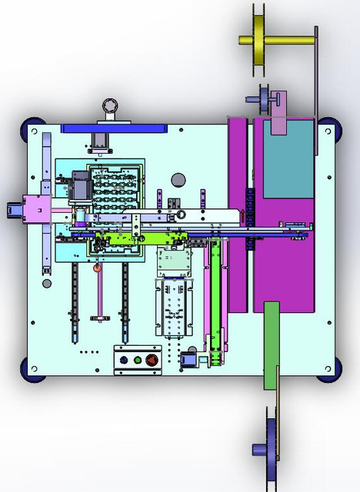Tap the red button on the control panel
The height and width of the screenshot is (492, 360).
(x=152, y=359)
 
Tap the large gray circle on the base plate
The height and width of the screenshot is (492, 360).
(x=178, y=180)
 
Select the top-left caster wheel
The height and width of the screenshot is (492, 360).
(x=34, y=125)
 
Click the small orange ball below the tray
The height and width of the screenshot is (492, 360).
(x=97, y=268)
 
